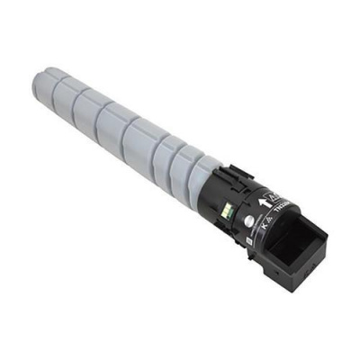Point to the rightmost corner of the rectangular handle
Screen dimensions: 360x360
(x=328, y=238)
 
